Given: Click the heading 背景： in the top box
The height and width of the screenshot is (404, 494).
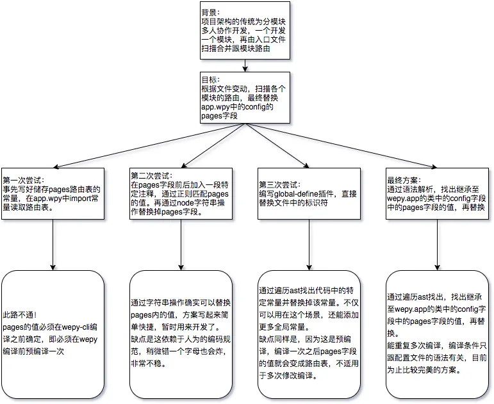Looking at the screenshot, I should [211, 12].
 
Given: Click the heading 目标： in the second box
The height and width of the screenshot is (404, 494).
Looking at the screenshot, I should [211, 79].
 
